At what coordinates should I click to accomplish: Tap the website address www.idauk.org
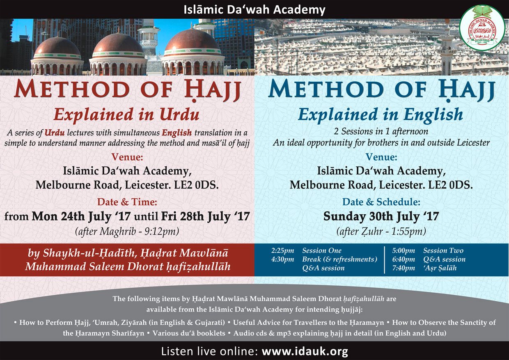coord(305,351)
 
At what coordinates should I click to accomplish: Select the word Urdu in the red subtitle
coord(179,114)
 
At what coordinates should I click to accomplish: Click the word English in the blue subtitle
coord(433,115)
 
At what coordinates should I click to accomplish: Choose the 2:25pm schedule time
coord(282,250)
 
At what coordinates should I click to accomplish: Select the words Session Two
coord(443,250)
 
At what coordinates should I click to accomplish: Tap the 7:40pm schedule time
coord(404,268)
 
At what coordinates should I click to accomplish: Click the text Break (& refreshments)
coord(339,259)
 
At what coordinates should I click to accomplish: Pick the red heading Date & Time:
coord(127,202)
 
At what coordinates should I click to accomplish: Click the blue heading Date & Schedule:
coord(381,202)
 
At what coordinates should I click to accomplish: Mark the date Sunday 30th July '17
coord(381,216)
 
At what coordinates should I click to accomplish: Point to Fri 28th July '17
coord(205,216)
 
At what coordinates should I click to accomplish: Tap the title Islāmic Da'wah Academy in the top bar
coord(254,9)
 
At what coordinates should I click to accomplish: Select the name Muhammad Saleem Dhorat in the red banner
coord(94,266)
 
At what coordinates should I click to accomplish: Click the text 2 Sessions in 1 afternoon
coord(381,131)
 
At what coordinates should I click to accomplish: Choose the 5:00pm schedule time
coord(404,250)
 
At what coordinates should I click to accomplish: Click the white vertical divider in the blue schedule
coord(384,259)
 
